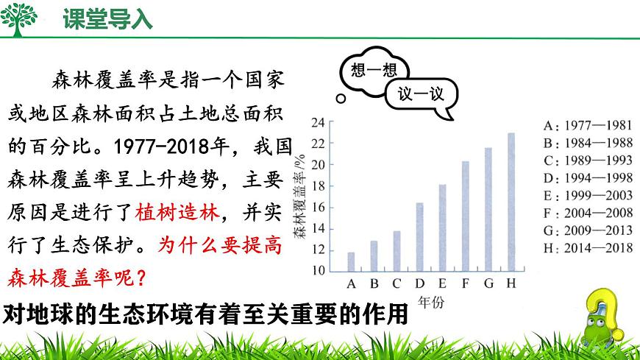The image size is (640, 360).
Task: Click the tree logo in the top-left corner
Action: click(20, 19)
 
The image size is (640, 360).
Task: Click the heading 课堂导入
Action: click(107, 20)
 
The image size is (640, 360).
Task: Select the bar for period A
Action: click(351, 261)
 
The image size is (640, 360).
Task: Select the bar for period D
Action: click(419, 236)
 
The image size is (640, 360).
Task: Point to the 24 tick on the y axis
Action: click(318, 122)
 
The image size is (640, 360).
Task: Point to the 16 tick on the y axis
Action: click(318, 207)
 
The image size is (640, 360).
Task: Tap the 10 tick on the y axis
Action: click(318, 270)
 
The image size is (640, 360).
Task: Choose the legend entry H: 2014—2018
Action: click(587, 248)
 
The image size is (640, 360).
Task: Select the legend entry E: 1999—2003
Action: click(587, 195)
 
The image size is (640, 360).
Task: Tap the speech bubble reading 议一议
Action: click(422, 94)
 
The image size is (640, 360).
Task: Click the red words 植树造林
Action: click(178, 214)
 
